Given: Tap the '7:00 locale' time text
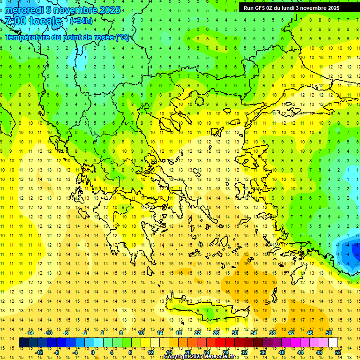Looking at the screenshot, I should click(x=33, y=21).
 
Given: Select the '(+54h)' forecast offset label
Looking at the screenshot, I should click(x=81, y=21).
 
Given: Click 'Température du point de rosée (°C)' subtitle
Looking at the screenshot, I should click(x=67, y=37).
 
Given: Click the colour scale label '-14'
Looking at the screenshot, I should click(x=30, y=333).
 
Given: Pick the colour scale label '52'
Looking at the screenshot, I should click(x=338, y=352).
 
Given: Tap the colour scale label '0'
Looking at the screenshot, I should click(x=93, y=352).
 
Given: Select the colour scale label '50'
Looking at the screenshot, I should click(x=329, y=333).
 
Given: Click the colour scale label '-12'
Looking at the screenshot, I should click(x=39, y=352).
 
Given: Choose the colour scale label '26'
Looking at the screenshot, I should click(x=216, y=333).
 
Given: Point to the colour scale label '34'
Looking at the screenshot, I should click(x=254, y=333).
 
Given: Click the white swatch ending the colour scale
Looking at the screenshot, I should click(x=333, y=343).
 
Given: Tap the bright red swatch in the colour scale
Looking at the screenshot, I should click(x=221, y=343).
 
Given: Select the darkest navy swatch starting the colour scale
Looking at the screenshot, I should click(x=23, y=343).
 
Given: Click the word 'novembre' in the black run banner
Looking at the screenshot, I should click(x=312, y=8).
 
